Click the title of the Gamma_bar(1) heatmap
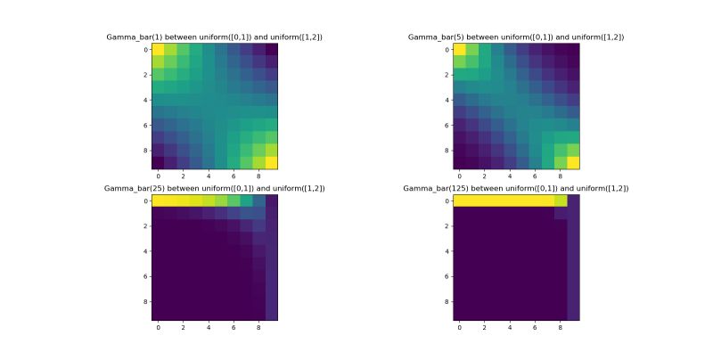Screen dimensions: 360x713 (x=214, y=37)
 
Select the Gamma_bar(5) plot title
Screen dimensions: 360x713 (x=516, y=37)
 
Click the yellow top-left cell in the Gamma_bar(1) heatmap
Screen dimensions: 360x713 (x=158, y=50)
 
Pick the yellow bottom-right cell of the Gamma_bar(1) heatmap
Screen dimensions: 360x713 (x=271, y=162)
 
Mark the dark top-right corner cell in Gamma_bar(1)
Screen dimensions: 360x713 (x=271, y=50)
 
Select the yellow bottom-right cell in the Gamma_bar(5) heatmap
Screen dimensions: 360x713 (x=573, y=162)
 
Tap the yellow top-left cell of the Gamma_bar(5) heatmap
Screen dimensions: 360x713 (x=460, y=50)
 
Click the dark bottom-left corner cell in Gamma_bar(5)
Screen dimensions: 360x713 (x=460, y=162)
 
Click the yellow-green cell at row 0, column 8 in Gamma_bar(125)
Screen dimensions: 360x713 (x=561, y=201)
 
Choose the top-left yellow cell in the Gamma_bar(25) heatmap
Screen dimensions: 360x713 (x=158, y=201)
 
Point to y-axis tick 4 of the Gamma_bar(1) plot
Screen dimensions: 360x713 (x=144, y=100)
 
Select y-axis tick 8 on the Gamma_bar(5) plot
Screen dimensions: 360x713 (x=447, y=150)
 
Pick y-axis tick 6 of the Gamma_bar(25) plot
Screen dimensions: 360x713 (x=144, y=276)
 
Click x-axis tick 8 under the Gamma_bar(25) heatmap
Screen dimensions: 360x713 (x=258, y=328)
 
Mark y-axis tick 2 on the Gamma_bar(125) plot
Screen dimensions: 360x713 (x=447, y=226)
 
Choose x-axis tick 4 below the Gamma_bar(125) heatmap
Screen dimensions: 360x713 (x=510, y=328)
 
